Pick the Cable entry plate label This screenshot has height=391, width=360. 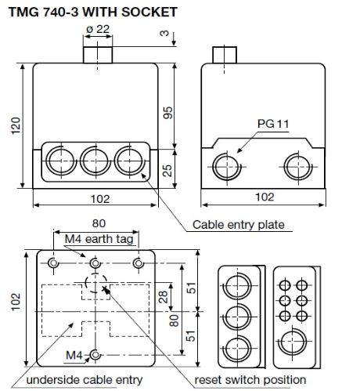click(x=238, y=225)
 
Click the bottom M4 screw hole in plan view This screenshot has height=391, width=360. click(x=95, y=355)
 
